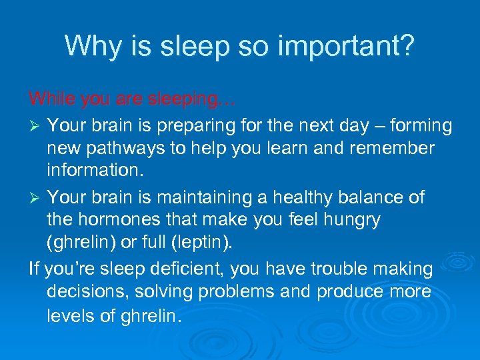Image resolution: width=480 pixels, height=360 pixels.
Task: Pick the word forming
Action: point(419,125)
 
